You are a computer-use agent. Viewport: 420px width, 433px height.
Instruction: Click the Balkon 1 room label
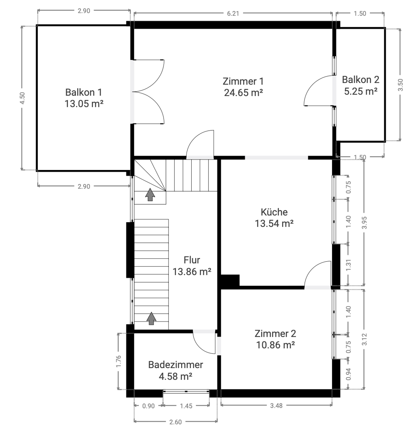click(84, 92)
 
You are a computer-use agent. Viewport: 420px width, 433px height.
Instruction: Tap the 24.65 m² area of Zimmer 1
click(243, 93)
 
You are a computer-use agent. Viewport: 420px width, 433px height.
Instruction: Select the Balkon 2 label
click(360, 80)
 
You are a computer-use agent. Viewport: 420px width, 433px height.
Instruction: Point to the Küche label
click(274, 212)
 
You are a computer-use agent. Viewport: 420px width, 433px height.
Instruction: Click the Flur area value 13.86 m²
click(192, 272)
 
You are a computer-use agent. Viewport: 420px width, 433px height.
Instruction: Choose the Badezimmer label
click(175, 365)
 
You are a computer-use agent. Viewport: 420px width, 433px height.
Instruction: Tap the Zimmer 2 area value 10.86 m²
click(275, 345)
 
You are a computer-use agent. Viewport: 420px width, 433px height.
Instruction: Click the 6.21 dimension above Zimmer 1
click(233, 14)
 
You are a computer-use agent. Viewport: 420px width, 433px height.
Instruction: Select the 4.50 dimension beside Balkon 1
click(22, 98)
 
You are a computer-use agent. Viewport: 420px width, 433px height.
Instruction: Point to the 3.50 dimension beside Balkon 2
click(401, 85)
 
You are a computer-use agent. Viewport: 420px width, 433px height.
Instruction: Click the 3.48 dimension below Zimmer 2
click(276, 406)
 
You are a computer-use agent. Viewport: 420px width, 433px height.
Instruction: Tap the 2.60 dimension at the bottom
click(175, 422)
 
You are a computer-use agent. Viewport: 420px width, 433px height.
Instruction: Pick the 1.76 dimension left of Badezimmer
click(119, 361)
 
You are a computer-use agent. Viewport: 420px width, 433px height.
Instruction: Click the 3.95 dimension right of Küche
click(364, 223)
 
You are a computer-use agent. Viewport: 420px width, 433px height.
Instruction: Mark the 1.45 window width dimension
click(186, 406)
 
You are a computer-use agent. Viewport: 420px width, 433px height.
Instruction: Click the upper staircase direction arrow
click(150, 194)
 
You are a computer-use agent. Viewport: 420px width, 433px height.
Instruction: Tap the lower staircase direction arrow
click(151, 318)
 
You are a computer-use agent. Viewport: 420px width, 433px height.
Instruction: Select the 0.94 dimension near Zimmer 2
click(348, 374)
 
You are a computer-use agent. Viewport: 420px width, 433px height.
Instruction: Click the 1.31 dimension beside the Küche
click(348, 265)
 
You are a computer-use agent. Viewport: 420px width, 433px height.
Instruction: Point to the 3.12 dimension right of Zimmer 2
click(364, 339)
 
